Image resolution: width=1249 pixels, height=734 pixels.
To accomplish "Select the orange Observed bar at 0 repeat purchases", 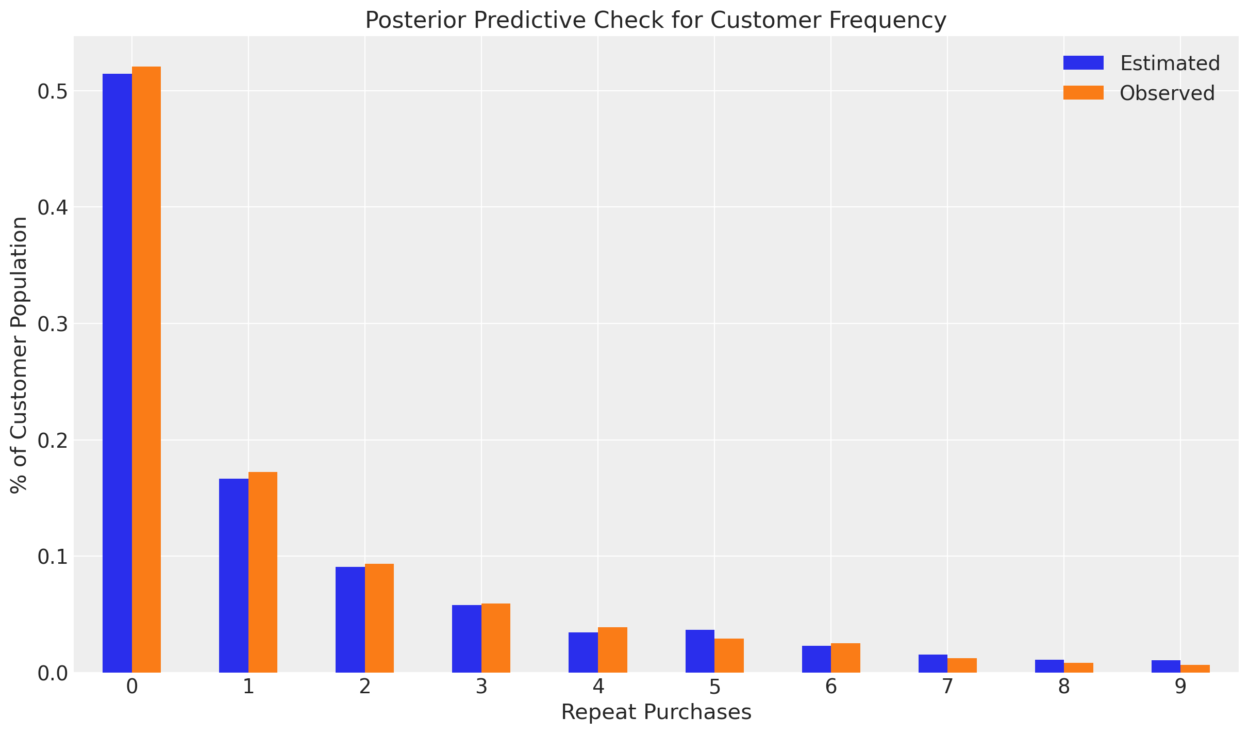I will (146, 369).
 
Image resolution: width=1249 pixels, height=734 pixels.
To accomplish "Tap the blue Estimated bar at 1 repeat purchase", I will (234, 575).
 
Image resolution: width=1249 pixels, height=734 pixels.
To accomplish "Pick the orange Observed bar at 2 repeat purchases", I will (379, 618).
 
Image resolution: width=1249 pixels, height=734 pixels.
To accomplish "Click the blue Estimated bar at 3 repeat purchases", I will (467, 639).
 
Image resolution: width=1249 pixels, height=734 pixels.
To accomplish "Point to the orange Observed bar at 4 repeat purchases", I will (612, 650).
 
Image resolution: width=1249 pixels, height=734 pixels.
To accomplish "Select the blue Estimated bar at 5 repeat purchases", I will (700, 651).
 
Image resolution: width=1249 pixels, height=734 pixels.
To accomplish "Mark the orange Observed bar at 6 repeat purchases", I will (845, 658).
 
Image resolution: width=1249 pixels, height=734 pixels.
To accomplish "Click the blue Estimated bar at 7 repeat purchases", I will (933, 663).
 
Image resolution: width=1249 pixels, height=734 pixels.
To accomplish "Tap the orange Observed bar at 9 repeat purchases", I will (1195, 668).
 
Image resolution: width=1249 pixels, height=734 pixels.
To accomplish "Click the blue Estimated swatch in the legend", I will (1083, 63).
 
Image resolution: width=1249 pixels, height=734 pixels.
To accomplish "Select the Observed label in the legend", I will (1167, 93).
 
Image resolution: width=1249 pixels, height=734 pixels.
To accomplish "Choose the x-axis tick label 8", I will (1064, 688).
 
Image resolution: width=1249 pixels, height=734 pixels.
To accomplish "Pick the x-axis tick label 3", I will (481, 688).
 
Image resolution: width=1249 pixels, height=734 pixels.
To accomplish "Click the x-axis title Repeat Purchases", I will (656, 712).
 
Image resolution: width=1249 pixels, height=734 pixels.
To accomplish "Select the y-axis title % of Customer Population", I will (19, 355).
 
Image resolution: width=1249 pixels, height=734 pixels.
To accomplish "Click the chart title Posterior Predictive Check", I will (656, 21).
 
